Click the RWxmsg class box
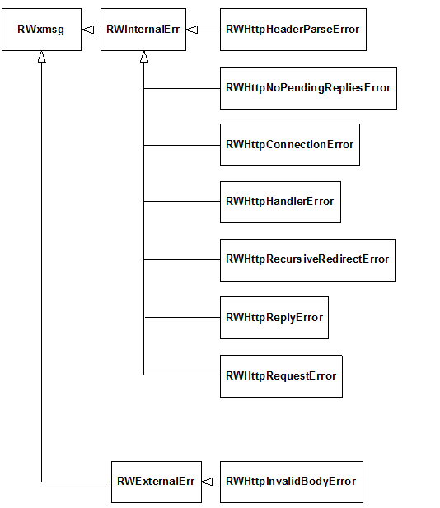click(41, 30)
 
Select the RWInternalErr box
click(143, 30)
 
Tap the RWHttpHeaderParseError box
click(293, 30)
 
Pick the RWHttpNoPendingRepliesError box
click(308, 88)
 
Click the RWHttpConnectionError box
click(290, 145)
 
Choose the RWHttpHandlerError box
click(280, 202)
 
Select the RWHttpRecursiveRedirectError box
click(307, 260)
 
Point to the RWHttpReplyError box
click(274, 318)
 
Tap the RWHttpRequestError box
click(281, 375)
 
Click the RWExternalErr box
click(157, 482)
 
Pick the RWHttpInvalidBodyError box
click(292, 482)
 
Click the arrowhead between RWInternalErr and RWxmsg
click(88, 30)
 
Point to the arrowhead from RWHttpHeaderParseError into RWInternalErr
click(192, 30)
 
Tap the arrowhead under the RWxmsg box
click(41, 57)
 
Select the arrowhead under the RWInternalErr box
click(144, 57)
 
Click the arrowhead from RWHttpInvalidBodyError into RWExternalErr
click(207, 482)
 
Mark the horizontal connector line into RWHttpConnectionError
click(182, 145)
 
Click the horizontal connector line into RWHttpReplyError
click(183, 318)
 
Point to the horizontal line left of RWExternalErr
click(77, 482)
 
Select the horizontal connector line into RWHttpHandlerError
click(182, 202)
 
